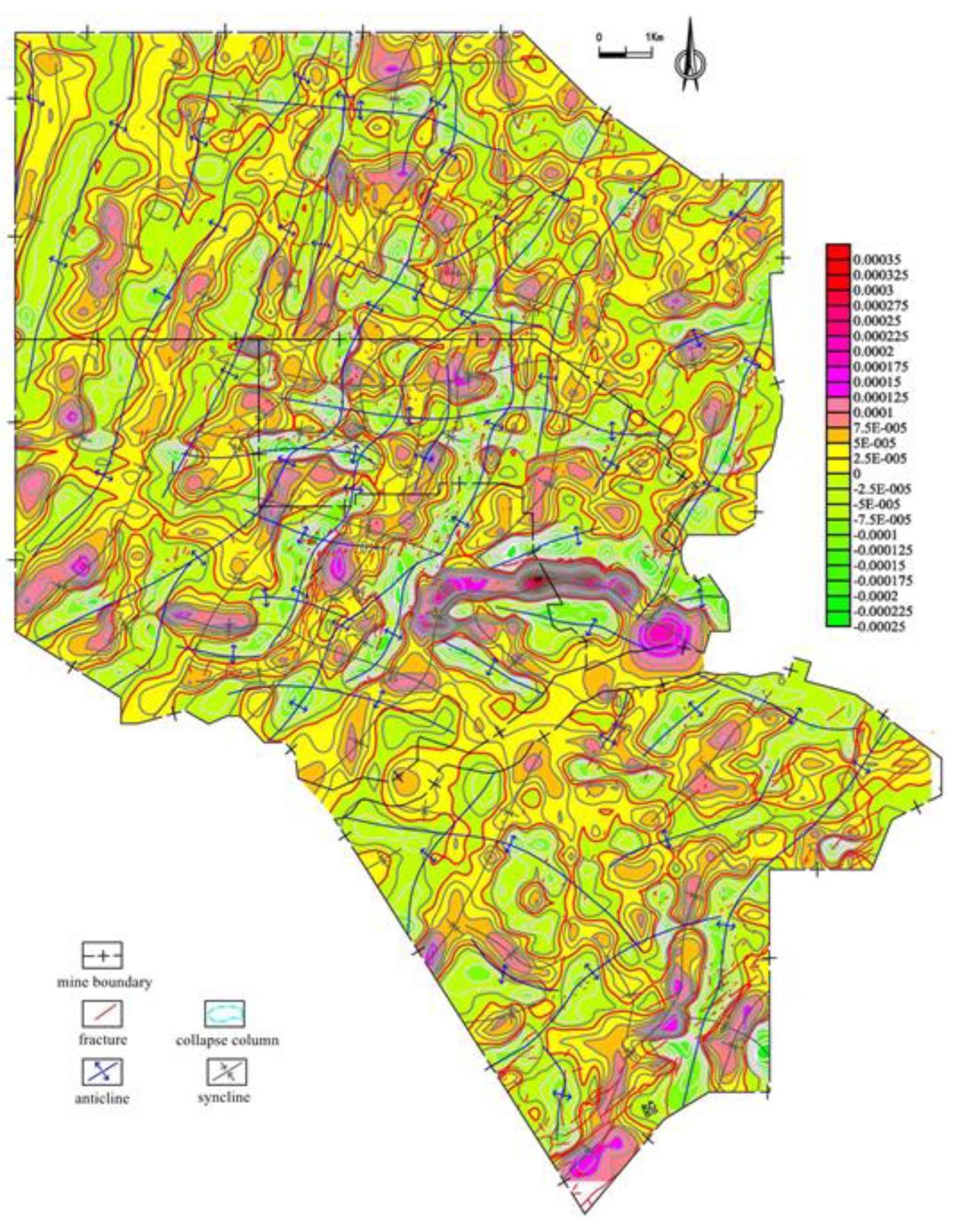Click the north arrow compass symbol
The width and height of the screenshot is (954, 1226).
689,56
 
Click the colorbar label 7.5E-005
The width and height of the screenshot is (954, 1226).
875,428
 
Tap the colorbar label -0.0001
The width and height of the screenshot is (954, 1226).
874,534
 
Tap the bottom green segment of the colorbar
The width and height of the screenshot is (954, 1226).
838,620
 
